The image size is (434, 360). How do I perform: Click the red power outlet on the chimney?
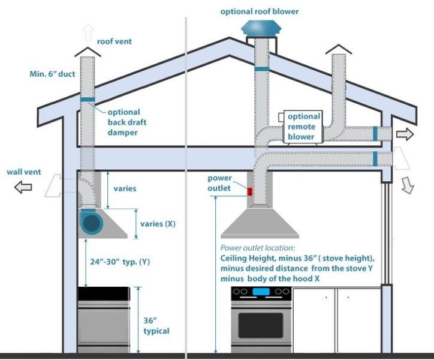click(249, 191)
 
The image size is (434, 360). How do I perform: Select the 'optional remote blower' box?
click(303, 127)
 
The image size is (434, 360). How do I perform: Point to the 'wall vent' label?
click(24, 172)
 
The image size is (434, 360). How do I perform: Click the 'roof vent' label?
click(114, 41)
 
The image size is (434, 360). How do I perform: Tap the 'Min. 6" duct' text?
click(53, 74)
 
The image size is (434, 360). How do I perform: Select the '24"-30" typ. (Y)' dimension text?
click(120, 262)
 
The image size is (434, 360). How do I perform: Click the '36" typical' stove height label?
click(156, 326)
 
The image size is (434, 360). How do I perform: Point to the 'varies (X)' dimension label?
click(158, 224)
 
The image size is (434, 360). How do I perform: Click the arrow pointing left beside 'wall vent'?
click(23, 187)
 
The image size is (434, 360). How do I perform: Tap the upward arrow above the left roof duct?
click(88, 32)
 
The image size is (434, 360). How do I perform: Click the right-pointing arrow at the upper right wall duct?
click(405, 134)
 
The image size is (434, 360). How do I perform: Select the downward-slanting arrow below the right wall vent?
click(408, 185)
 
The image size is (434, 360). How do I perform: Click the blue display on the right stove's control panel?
click(261, 292)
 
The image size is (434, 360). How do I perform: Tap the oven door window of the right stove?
click(260, 325)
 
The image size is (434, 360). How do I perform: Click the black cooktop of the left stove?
click(104, 294)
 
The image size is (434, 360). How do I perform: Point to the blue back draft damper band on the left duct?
click(88, 100)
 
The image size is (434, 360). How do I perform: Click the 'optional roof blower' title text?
click(260, 11)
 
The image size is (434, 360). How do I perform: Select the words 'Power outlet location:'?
click(258, 248)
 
